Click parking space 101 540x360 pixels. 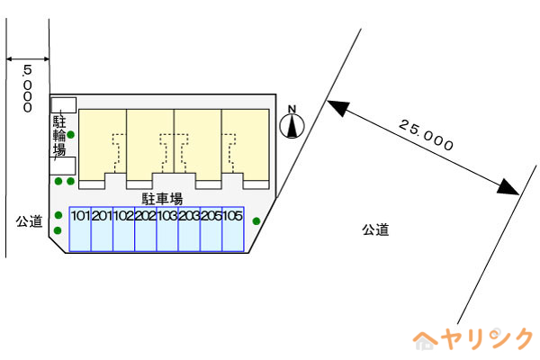click(80, 229)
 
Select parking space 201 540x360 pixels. click(102, 229)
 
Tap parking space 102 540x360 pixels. click(124, 229)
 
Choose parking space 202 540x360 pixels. click(146, 229)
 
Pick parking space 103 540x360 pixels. click(167, 229)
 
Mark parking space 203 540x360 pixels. click(189, 229)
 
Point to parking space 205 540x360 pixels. click(211, 229)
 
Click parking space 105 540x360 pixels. click(233, 229)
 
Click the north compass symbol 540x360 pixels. click(292, 122)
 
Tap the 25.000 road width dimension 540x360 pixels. click(426, 135)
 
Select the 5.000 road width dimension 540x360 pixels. click(27, 88)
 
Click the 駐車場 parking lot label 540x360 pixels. click(162, 199)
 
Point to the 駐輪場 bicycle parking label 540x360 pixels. click(59, 135)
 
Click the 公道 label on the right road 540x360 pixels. click(375, 229)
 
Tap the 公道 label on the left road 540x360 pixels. click(29, 221)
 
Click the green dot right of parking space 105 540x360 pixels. click(256, 221)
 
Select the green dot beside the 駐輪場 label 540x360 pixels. click(70, 135)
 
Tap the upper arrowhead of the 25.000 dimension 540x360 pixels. click(338, 107)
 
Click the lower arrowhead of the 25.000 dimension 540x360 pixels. click(508, 187)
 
